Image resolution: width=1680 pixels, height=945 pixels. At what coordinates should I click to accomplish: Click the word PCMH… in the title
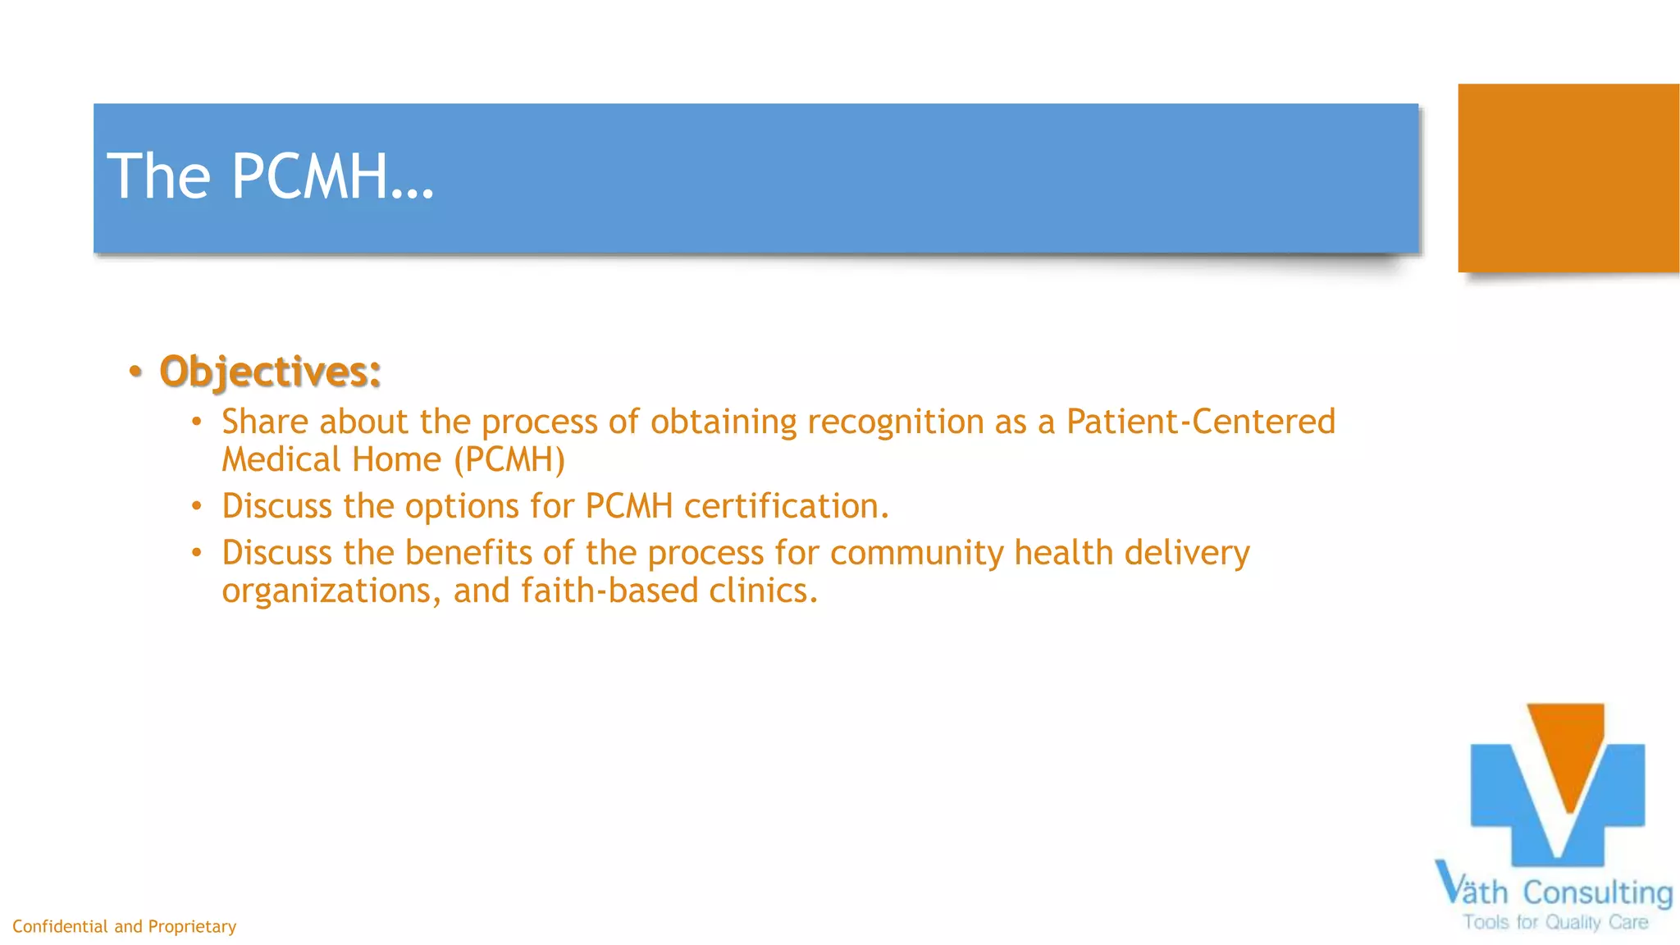332,176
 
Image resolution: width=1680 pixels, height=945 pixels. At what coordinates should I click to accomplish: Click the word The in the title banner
159,176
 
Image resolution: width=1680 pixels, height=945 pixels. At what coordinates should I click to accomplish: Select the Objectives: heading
271,372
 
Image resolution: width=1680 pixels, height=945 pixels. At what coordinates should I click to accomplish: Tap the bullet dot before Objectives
135,372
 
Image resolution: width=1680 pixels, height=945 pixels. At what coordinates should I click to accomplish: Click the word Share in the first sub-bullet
265,422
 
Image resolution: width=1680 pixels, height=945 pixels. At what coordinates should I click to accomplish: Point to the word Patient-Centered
1201,422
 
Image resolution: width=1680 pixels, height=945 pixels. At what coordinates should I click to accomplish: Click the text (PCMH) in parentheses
509,460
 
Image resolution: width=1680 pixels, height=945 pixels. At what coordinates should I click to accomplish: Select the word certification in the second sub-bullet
786,506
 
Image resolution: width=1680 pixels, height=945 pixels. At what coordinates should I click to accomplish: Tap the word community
916,554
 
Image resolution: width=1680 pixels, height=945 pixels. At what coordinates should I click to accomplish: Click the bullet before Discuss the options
196,506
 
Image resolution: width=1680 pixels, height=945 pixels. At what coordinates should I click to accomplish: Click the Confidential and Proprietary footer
124,926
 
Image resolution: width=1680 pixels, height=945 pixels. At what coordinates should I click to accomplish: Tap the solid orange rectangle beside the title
1568,178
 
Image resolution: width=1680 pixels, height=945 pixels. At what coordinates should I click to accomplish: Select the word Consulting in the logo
1597,892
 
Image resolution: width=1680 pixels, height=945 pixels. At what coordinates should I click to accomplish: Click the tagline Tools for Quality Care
1555,923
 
